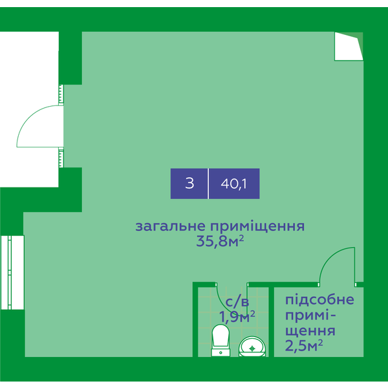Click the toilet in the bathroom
(221, 340)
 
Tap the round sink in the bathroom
(252, 347)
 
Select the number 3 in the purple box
(189, 184)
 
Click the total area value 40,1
(233, 184)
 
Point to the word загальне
(171, 226)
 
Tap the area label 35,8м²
(220, 241)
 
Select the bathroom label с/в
(237, 302)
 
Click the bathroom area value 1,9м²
(237, 317)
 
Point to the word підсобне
(319, 300)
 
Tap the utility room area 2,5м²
(304, 345)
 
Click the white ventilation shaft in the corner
(349, 47)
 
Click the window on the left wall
(12, 272)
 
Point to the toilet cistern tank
(221, 352)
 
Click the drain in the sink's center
(252, 349)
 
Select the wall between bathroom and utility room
(271, 321)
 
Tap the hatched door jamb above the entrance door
(61, 95)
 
